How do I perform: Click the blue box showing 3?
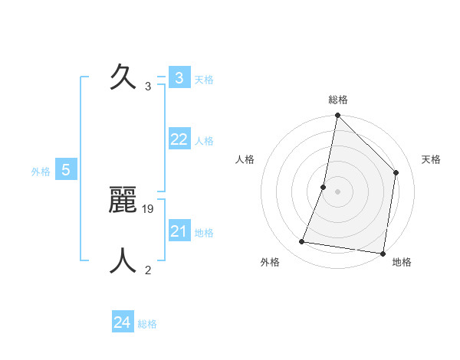click(x=179, y=77)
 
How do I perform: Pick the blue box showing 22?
click(x=179, y=139)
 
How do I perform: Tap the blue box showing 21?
click(x=179, y=231)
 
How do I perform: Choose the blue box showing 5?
click(x=66, y=170)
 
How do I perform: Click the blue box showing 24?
click(x=122, y=322)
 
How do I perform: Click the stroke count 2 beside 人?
click(x=148, y=270)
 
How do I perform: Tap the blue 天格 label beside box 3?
click(x=204, y=80)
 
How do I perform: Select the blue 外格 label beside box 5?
click(x=41, y=172)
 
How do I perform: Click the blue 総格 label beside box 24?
click(x=147, y=325)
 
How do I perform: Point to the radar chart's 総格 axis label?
click(x=338, y=100)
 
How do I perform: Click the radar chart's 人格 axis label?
click(x=245, y=159)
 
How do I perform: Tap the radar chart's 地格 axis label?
click(x=402, y=262)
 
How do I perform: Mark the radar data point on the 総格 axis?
click(x=337, y=116)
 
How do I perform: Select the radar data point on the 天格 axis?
click(x=396, y=172)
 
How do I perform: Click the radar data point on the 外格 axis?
click(x=302, y=242)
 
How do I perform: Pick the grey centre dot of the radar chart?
click(x=337, y=191)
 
